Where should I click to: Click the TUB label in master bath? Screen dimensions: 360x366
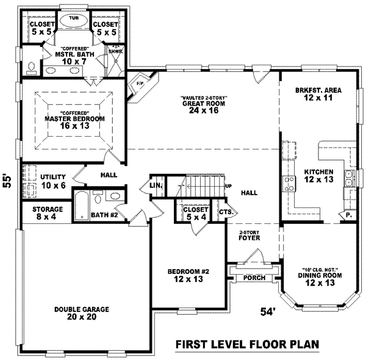[74, 18]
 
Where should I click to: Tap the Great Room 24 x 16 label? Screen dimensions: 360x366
[196, 107]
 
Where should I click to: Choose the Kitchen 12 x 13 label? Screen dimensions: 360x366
[318, 176]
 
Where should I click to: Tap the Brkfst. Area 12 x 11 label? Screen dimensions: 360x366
[318, 94]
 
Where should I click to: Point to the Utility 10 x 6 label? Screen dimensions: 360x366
[53, 181]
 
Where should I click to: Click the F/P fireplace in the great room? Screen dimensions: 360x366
[140, 82]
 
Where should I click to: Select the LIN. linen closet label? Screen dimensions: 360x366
[156, 185]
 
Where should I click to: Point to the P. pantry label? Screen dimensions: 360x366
[348, 215]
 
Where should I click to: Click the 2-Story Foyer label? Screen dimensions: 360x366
[250, 236]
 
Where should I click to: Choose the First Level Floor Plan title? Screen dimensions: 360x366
[247, 344]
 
